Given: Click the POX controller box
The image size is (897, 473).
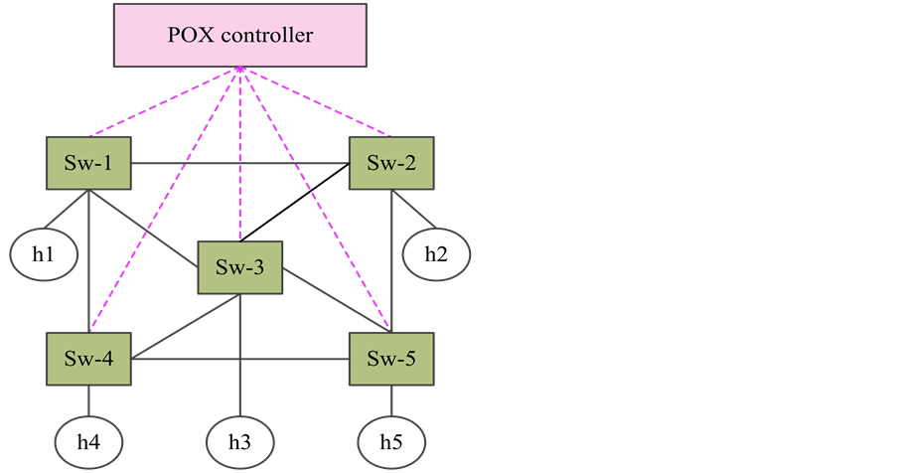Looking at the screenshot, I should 240,37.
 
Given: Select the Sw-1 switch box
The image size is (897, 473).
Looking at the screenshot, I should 90,163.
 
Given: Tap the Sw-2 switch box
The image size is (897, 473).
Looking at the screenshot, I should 391,163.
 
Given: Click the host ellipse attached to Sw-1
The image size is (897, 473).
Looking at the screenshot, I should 44,253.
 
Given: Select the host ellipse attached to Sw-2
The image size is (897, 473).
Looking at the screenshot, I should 436,254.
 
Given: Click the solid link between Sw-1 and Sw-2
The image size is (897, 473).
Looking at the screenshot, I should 240,163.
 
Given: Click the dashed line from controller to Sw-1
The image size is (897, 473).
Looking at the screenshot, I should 164,102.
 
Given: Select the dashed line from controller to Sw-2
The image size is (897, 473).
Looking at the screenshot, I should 316,102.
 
